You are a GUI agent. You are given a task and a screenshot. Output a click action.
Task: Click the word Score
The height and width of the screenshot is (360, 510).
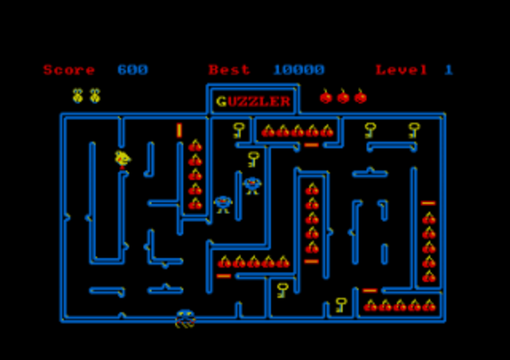tap(69, 70)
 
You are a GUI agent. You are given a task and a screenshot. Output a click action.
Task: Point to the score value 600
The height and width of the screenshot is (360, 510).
tap(132, 70)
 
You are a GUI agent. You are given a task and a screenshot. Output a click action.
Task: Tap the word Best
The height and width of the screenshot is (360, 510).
tap(229, 70)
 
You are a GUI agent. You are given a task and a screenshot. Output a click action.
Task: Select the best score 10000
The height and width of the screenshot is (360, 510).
tap(299, 70)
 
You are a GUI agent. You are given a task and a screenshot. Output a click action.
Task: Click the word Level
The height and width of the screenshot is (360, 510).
tap(401, 70)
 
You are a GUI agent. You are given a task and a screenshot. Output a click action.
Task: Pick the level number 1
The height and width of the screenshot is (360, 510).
tap(449, 70)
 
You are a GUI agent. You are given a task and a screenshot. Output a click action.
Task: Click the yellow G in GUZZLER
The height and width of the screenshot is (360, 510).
tap(221, 101)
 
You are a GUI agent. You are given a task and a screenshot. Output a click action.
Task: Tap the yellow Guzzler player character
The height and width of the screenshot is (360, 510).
tap(122, 159)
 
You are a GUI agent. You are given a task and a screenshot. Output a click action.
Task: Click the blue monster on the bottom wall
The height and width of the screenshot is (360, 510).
tap(185, 318)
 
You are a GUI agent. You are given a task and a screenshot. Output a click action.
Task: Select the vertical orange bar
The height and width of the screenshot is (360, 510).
tap(179, 130)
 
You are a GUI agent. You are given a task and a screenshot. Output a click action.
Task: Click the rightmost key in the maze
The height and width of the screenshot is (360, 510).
tap(414, 130)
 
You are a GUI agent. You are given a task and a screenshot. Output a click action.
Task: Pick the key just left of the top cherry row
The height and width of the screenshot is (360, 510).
tap(238, 130)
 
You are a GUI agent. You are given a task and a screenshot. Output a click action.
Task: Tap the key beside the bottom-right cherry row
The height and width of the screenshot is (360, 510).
tap(341, 304)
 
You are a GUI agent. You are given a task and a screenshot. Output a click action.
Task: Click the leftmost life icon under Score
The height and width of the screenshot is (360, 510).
tap(78, 96)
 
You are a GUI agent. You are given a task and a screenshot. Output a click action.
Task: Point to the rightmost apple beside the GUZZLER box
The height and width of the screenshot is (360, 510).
tap(361, 97)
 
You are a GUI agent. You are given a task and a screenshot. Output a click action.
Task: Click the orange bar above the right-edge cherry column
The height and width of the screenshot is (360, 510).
tap(428, 203)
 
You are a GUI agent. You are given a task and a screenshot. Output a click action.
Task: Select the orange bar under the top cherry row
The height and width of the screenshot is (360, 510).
tap(311, 145)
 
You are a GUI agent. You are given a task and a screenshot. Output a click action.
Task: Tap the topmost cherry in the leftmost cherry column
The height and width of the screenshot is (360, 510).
tap(195, 146)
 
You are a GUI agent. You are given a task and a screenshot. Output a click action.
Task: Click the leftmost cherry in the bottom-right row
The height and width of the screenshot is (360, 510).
tap(370, 306)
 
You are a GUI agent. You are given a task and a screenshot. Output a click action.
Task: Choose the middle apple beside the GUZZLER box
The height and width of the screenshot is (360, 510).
tap(343, 97)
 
